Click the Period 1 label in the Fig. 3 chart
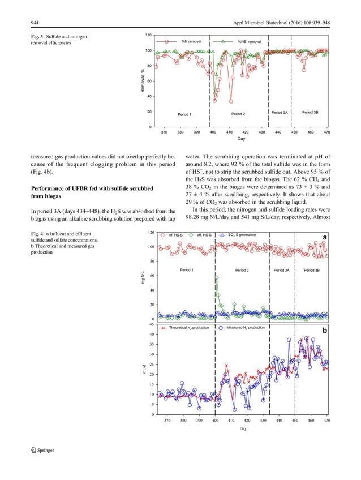(184, 114)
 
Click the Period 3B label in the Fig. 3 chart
(310, 113)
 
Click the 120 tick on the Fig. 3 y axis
(147, 35)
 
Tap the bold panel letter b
(325, 330)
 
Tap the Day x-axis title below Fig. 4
(243, 428)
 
